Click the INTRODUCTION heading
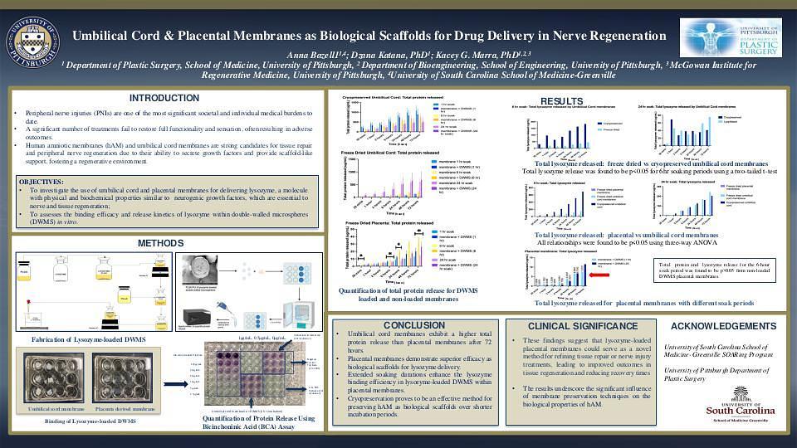tap(164, 98)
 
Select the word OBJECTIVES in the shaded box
tap(41, 182)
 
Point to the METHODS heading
tap(160, 243)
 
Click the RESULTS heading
tap(584, 101)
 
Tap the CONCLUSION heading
tap(414, 325)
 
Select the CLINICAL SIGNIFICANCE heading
tap(584, 326)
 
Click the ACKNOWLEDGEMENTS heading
tap(723, 326)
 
